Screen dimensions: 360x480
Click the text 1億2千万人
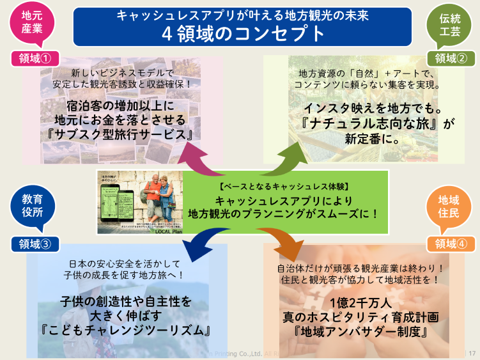(x=362, y=302)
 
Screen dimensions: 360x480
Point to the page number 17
(x=472, y=352)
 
